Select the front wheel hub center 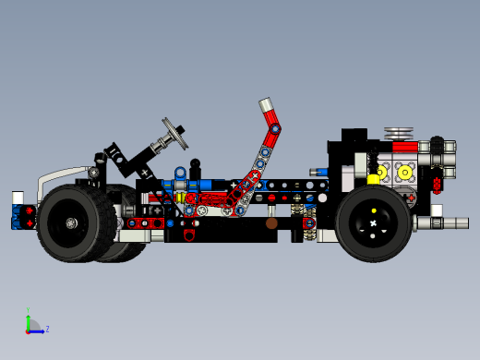coord(72,223)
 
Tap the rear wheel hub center coord(373,223)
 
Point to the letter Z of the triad coord(47,329)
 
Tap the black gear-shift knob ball coord(195,164)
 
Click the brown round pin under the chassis coord(271,223)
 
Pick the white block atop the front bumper coord(18,198)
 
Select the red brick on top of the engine coord(405,146)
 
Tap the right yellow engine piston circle coord(405,172)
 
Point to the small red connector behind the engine coord(436,186)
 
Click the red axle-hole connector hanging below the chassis coord(189,234)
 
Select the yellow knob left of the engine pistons coord(374,179)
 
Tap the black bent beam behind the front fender coord(118,158)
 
